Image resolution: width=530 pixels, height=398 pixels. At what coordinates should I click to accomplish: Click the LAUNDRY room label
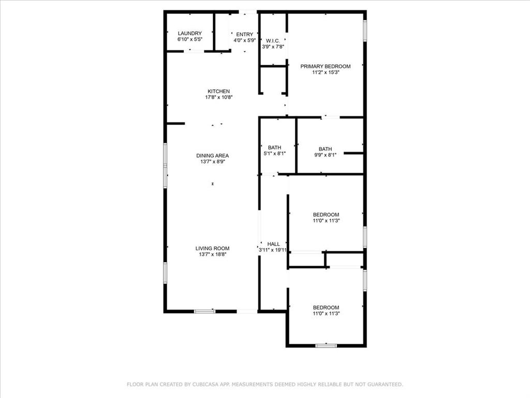pos(189,33)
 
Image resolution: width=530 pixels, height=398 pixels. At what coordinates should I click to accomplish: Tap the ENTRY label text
pos(245,34)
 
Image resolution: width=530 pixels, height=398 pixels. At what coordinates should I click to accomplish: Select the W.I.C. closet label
pos(273,40)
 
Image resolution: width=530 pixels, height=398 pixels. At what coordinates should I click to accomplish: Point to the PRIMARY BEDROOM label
pos(326,66)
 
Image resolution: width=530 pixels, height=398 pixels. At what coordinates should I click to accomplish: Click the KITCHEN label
pos(218,91)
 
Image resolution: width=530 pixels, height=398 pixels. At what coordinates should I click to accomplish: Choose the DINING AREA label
pos(212,155)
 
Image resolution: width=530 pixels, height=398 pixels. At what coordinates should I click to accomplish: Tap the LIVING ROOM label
pos(212,248)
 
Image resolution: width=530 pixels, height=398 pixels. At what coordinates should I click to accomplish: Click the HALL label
pos(273,244)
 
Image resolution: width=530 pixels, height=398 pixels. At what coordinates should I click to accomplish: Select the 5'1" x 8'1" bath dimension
pos(274,154)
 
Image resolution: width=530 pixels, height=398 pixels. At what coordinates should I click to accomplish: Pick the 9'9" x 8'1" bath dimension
pos(325,154)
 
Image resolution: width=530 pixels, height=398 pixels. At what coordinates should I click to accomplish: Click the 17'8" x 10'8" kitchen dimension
pos(218,97)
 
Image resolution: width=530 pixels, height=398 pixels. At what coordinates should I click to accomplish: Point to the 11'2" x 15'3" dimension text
pos(326,73)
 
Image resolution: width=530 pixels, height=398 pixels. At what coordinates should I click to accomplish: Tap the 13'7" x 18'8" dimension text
pos(212,254)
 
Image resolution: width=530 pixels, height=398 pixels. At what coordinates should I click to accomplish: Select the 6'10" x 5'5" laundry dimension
pos(189,39)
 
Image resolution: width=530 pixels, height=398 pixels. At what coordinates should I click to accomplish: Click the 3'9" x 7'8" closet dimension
pos(273,47)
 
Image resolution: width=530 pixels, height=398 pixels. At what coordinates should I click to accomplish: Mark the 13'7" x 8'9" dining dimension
pos(212,162)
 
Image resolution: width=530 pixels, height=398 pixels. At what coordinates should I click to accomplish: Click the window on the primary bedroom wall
pos(365,30)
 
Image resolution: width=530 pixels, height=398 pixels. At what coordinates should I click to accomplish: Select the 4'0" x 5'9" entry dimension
pos(245,40)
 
